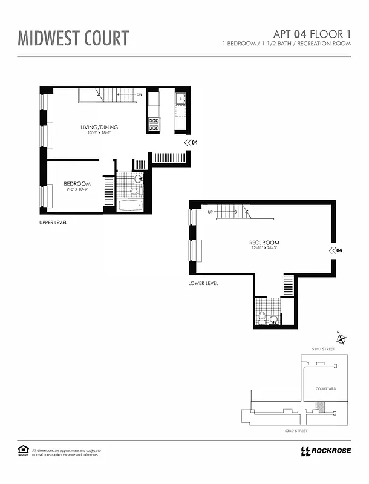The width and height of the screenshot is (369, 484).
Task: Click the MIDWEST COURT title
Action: [73, 38]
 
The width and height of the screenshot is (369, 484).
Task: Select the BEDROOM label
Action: [77, 184]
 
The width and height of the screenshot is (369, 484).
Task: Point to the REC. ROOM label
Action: [264, 243]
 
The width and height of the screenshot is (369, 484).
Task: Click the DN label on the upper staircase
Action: [139, 94]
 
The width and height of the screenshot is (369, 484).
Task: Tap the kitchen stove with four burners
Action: [154, 124]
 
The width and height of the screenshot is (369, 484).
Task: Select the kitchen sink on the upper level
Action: [180, 99]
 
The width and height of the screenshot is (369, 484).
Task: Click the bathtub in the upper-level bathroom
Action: [129, 206]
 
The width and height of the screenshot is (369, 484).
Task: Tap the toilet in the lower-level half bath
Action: [262, 316]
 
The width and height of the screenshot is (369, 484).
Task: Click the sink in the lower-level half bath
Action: [274, 319]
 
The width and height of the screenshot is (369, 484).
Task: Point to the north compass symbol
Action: [341, 339]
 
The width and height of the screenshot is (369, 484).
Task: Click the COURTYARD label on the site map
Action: [326, 389]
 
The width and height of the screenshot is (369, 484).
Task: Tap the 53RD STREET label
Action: [296, 431]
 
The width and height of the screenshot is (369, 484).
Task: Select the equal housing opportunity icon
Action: [23, 450]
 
